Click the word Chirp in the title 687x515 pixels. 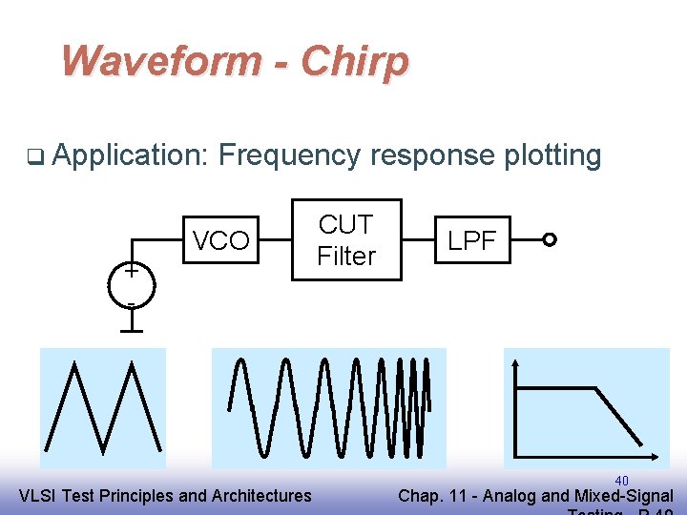[355, 62]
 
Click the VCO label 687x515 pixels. [220, 241]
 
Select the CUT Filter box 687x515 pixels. [345, 240]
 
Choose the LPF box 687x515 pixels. [472, 241]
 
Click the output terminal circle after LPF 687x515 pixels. [549, 240]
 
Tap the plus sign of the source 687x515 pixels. [130, 271]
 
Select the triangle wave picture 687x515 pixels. [103, 402]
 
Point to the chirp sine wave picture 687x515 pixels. [328, 407]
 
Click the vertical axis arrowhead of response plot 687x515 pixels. [516, 363]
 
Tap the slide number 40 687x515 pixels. [621, 480]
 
